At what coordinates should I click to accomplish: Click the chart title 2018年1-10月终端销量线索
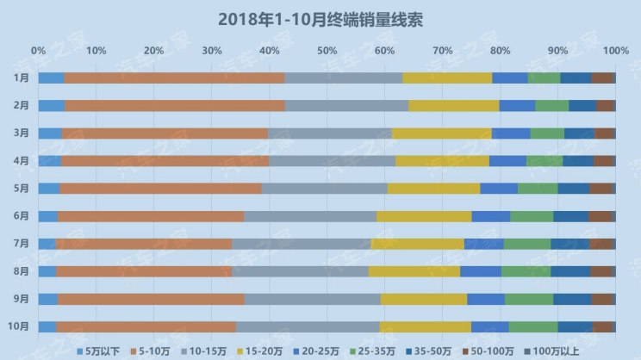pyautogui.click(x=320, y=18)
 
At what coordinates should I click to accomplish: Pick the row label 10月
pyautogui.click(x=20, y=326)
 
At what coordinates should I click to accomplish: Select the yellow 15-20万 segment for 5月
pyautogui.click(x=433, y=189)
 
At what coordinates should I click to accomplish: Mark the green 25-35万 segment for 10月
pyautogui.click(x=532, y=326)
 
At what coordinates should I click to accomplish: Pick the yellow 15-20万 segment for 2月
pyautogui.click(x=453, y=106)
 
